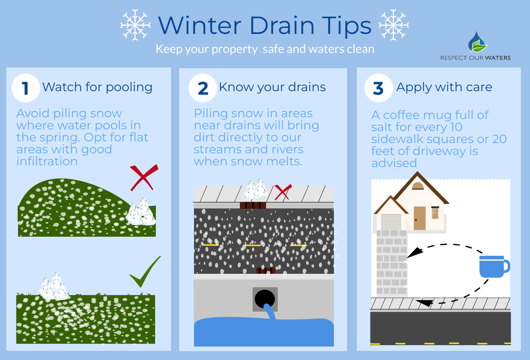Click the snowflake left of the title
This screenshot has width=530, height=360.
135,25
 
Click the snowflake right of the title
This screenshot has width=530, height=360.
394,25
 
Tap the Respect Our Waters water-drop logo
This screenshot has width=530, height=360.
477,43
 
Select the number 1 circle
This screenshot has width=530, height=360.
25,88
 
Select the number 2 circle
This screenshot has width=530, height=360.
203,88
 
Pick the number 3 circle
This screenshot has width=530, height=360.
378,88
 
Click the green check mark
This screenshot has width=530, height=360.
145,272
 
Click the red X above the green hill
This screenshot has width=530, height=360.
143,177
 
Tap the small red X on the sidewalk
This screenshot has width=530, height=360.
283,192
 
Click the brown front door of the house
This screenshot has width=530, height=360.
419,218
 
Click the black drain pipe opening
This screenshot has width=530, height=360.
265,299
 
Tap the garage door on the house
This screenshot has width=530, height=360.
391,222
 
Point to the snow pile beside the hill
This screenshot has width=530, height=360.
141,213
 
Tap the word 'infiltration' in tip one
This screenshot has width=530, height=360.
47,161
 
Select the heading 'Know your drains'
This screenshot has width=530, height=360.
272,87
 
